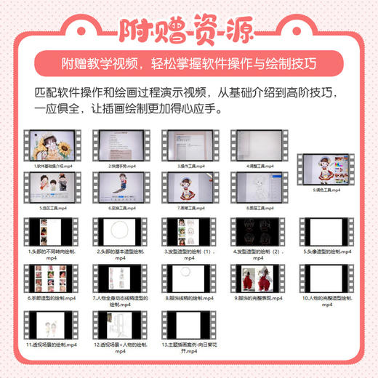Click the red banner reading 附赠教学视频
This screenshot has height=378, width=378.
click(x=188, y=62)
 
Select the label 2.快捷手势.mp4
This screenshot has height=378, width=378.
click(x=118, y=166)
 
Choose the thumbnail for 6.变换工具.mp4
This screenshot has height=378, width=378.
click(x=118, y=186)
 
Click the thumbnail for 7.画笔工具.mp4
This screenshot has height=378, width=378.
click(x=188, y=186)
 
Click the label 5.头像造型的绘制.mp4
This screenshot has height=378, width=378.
click(x=327, y=251)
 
